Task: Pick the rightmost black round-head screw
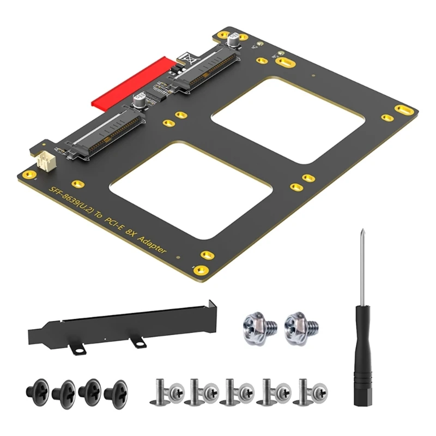[x=116, y=391]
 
